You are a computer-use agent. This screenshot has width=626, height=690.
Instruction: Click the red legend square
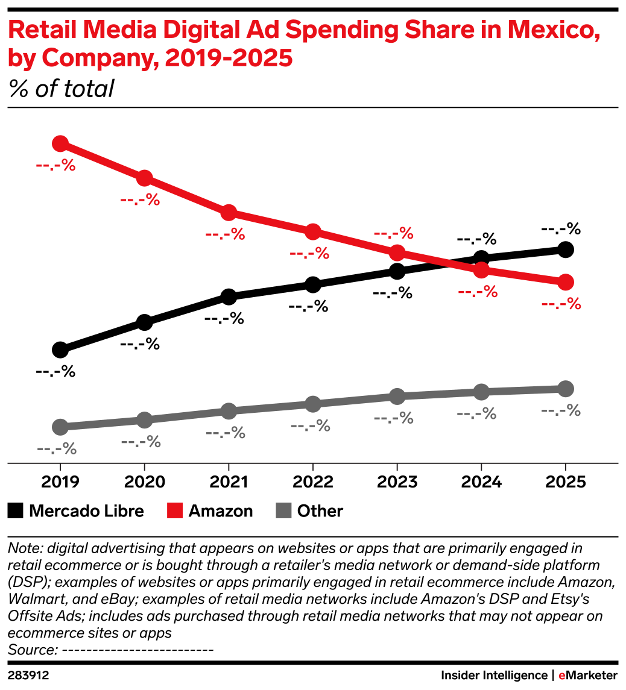175,510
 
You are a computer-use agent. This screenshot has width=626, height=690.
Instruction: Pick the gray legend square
283,510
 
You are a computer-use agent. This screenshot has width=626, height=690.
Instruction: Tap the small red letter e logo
561,676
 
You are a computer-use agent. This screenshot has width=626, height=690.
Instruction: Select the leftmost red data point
60,143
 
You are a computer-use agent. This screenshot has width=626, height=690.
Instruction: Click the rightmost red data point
566,281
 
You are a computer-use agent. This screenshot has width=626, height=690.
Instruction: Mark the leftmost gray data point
60,427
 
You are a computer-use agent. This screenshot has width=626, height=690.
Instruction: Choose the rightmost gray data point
566,389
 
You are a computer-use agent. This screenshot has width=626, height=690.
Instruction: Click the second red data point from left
144,178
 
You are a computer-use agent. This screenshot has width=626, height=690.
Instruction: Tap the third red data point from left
229,212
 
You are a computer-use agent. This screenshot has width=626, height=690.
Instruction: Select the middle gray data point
312,404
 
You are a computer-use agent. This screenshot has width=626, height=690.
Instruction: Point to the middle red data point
312,231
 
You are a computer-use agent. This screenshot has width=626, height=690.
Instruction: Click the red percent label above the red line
393,233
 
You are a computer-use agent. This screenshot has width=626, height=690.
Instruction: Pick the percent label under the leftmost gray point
57,449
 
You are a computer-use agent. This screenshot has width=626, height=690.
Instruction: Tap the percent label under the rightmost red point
561,304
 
